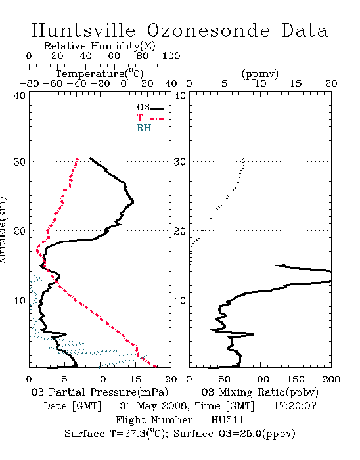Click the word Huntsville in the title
[x=83, y=30]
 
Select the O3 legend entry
[x=150, y=108]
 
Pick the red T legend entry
[x=150, y=118]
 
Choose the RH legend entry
[x=150, y=129]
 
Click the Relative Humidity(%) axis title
[x=100, y=46]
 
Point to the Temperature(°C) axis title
[x=100, y=74]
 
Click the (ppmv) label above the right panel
[x=260, y=74]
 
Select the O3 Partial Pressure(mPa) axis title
[x=100, y=392]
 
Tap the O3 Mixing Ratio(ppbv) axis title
[x=259, y=392]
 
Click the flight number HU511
[x=227, y=420]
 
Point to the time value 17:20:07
[x=295, y=406]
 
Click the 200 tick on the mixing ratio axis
[x=331, y=379]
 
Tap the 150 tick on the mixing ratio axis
[x=296, y=379]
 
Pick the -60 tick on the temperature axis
[x=53, y=84]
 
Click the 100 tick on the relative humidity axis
[x=171, y=56]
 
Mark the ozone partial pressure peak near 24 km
[x=133, y=202]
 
